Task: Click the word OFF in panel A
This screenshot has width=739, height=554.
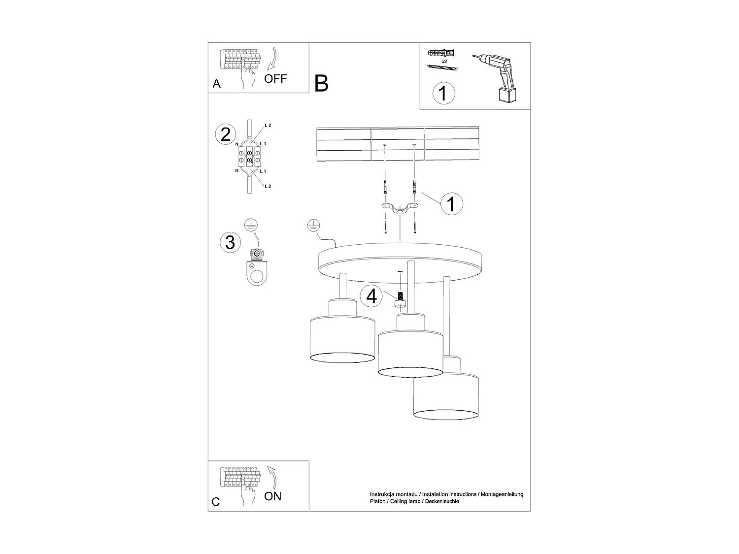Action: click(x=275, y=78)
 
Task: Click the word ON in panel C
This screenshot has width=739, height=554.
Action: click(x=273, y=496)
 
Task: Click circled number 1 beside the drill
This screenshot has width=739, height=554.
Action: click(x=443, y=93)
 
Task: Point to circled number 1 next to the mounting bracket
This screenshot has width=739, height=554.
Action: click(x=451, y=203)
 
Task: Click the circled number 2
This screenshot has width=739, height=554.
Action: click(x=226, y=134)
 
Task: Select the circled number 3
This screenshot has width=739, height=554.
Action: click(x=230, y=242)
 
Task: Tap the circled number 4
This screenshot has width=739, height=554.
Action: click(x=371, y=296)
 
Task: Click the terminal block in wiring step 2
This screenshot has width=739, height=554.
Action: click(x=250, y=156)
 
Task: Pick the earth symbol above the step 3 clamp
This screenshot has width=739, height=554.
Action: click(x=251, y=226)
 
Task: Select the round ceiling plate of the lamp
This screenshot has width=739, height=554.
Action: click(x=400, y=262)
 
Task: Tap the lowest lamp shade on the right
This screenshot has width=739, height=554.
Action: click(x=446, y=396)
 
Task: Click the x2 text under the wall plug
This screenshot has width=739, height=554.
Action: click(x=444, y=62)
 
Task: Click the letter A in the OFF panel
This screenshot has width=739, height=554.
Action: click(x=216, y=84)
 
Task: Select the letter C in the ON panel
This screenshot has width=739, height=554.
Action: click(x=216, y=502)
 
